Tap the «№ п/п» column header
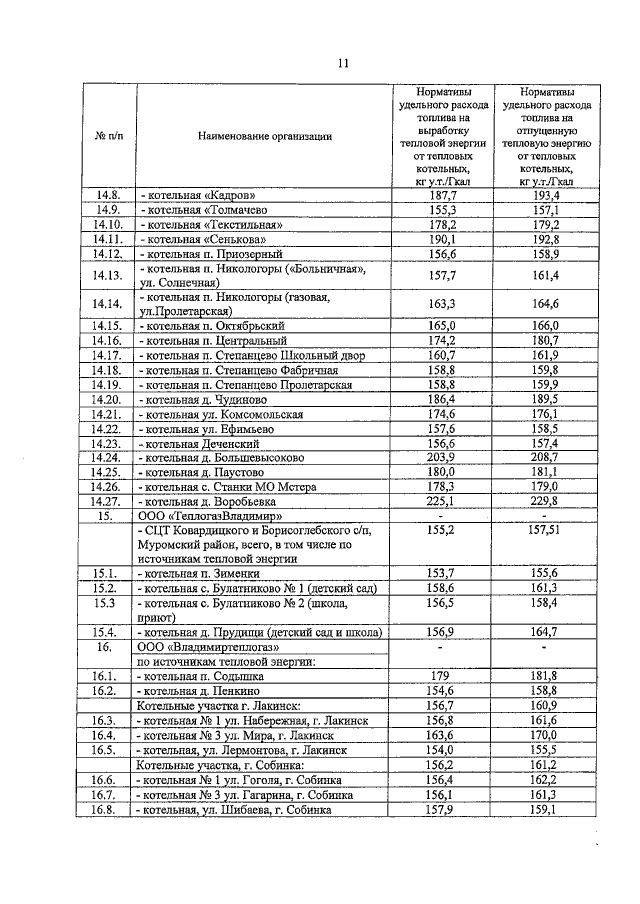pyautogui.click(x=107, y=137)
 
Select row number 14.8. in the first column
pyautogui.click(x=107, y=195)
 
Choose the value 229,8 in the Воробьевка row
pyautogui.click(x=546, y=502)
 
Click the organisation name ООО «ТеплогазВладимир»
pyautogui.click(x=206, y=517)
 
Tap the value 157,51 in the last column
pyautogui.click(x=546, y=531)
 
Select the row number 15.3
pyautogui.click(x=107, y=604)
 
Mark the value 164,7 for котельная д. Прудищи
pyautogui.click(x=546, y=632)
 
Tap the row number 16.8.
pyautogui.click(x=107, y=810)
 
